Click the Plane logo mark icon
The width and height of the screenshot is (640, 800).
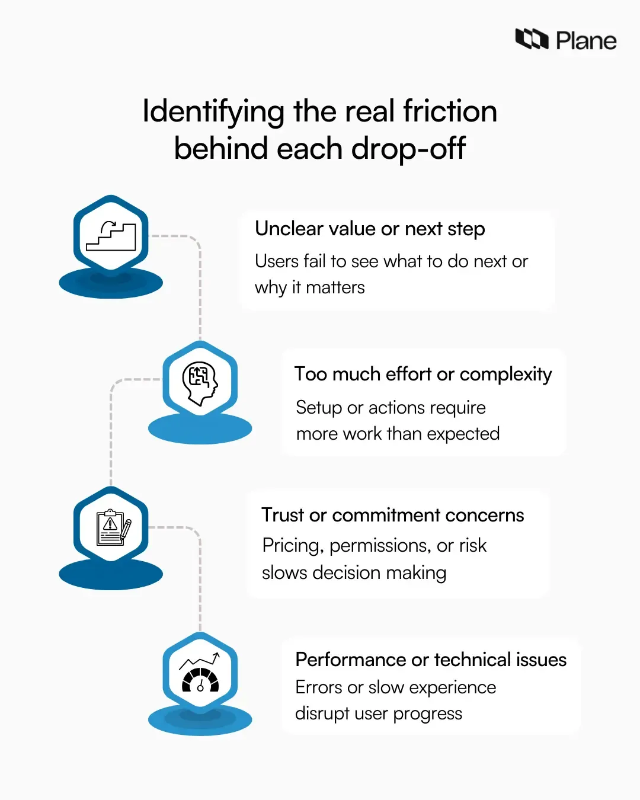point(532,39)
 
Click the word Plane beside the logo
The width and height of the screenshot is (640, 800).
point(586,41)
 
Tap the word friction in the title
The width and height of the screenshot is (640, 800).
point(450,111)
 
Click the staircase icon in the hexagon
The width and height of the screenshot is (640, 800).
point(111,236)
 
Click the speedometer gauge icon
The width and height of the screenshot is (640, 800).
point(200,674)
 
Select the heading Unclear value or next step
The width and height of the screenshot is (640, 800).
point(370,229)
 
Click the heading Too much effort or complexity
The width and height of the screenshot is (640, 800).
point(423,374)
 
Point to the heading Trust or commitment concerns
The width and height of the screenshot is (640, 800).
point(392,515)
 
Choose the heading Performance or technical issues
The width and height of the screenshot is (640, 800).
point(431,660)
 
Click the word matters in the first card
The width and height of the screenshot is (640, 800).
point(335,287)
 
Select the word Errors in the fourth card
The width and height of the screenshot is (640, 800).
point(319,687)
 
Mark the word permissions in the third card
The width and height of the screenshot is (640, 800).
point(380,546)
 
